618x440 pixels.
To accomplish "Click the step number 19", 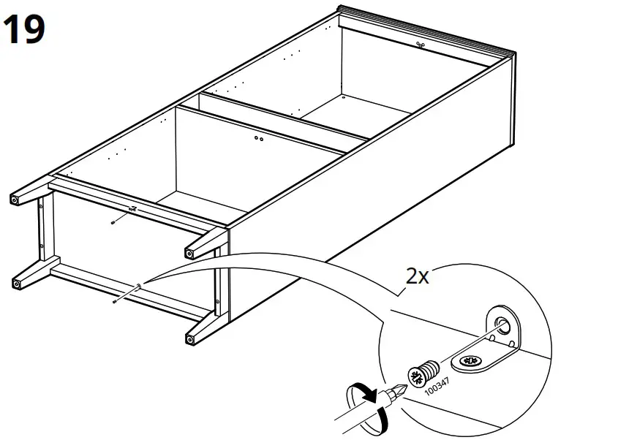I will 24,31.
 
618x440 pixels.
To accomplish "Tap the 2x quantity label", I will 418,276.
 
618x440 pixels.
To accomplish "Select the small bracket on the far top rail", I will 420,45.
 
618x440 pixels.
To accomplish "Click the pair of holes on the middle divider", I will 259,137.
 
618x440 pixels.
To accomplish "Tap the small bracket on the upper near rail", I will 132,210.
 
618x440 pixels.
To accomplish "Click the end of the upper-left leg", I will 15,199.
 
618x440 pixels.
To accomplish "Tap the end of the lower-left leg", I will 15,282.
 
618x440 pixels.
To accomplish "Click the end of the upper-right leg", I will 190,254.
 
